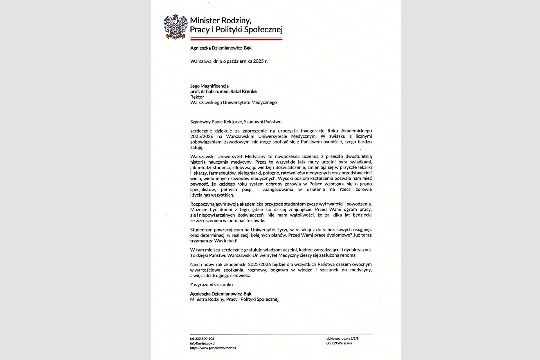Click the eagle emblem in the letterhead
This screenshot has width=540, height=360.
point(175,27)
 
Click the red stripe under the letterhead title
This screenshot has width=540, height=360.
point(236,40)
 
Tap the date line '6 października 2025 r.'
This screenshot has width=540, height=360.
point(245,61)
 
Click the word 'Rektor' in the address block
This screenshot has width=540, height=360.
point(197,97)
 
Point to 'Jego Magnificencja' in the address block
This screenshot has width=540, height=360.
point(209,86)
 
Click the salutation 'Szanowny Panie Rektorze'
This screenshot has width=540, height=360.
point(216,122)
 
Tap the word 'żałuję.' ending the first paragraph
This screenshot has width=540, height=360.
point(197,147)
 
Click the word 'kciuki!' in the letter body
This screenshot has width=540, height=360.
point(231,241)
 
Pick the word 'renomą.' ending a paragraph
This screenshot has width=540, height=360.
point(348,255)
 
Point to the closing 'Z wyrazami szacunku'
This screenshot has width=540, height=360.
point(211,285)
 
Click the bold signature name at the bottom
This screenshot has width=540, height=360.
point(220,294)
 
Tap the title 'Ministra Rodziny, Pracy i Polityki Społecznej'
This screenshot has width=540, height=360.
point(234,299)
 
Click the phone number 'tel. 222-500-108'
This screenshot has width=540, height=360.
point(202,339)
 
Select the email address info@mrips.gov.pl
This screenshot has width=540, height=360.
point(202,343)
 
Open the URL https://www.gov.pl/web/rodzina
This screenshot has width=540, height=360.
point(213,348)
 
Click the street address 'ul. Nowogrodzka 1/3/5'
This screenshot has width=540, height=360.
point(342,339)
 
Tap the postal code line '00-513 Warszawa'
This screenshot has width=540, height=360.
point(339,343)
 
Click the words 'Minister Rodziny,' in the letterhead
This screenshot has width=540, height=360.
point(220,21)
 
